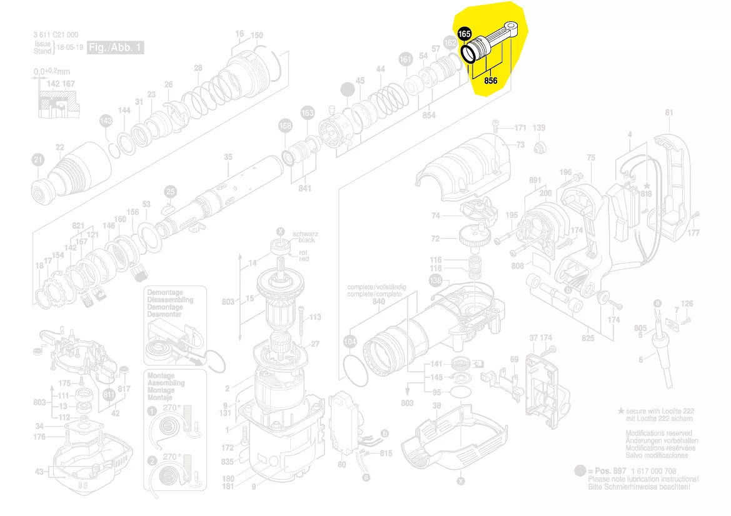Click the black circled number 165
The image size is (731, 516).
[464, 34]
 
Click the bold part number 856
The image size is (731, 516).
[490, 81]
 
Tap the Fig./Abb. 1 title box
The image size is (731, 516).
[116, 47]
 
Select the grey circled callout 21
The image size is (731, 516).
[39, 161]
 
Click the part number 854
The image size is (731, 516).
[429, 116]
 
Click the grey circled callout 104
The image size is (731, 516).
[350, 342]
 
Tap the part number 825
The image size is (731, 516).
[588, 338]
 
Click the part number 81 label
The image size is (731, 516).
[669, 113]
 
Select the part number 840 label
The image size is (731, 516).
[379, 301]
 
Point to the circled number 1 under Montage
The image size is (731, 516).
[152, 412]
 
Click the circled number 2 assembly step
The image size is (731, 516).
[152, 462]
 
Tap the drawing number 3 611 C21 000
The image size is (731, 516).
[56, 35]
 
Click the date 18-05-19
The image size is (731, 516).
[69, 47]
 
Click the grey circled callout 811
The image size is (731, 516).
[109, 394]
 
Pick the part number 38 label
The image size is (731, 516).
[437, 405]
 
